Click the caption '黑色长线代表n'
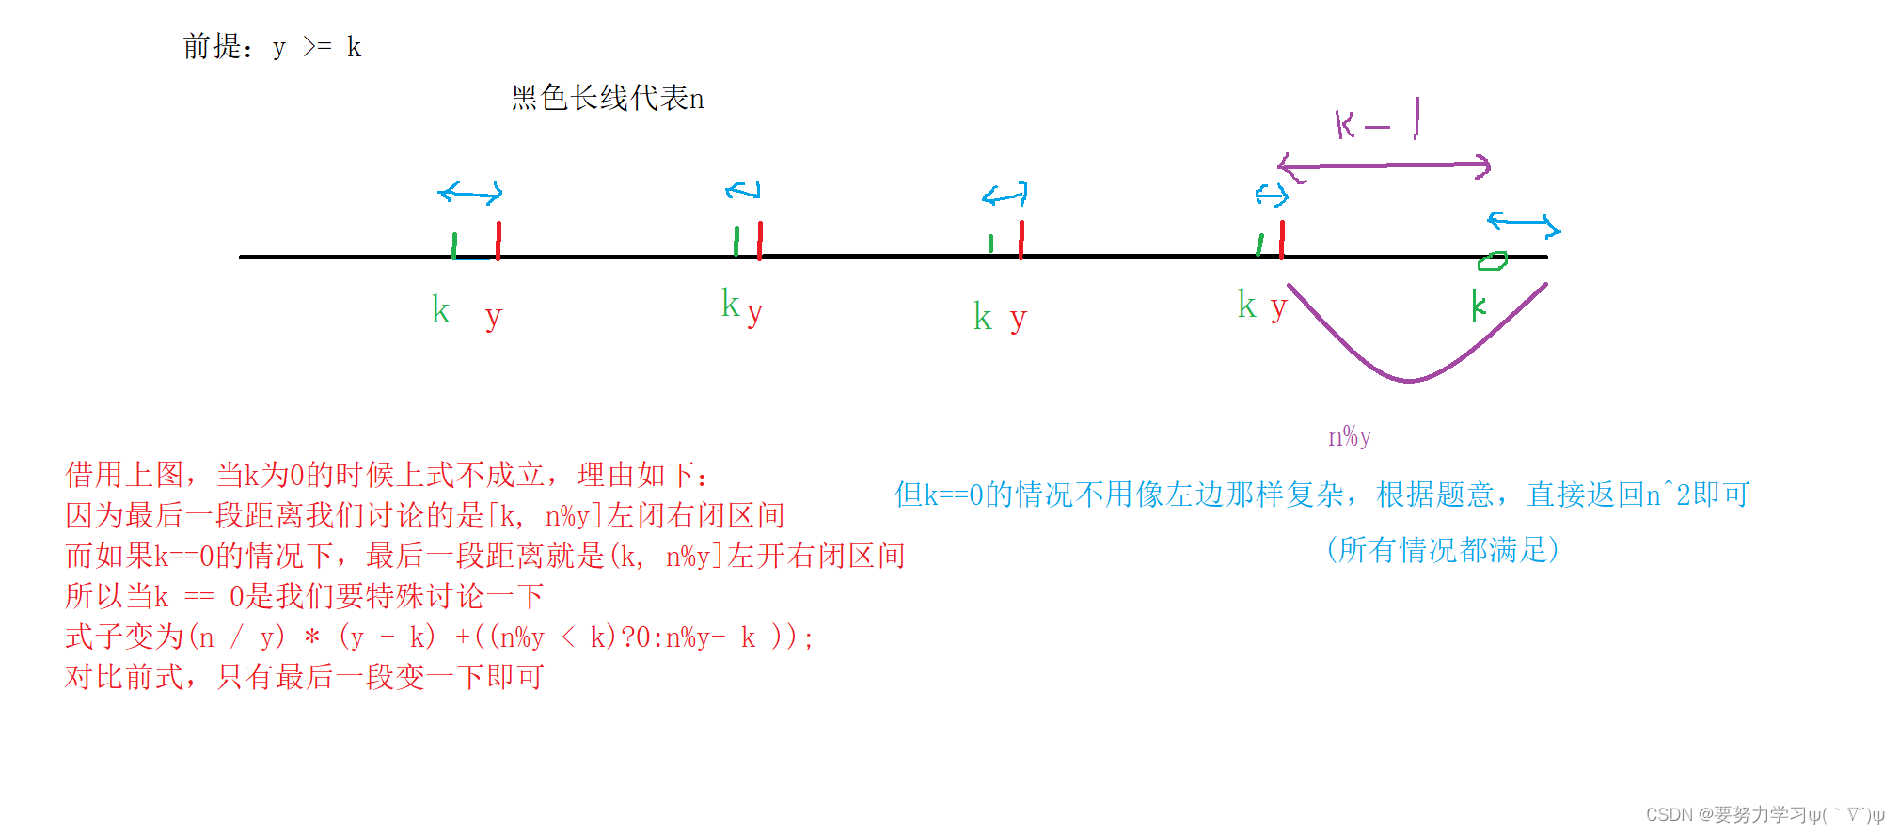[607, 98]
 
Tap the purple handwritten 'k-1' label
[1376, 123]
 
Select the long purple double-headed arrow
[1384, 166]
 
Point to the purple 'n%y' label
[1350, 436]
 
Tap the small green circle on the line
[1492, 261]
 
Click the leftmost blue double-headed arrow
[470, 194]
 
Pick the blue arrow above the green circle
[1523, 224]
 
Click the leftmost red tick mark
[498, 240]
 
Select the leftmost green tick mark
[454, 245]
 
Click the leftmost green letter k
[440, 310]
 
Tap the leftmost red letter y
[494, 317]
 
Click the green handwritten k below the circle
[1479, 305]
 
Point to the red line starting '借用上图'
[387, 475]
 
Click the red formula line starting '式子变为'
[439, 637]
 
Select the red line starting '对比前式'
[304, 677]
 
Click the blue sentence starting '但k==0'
[1321, 495]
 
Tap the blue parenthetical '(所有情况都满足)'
[1442, 550]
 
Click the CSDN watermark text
[1764, 814]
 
